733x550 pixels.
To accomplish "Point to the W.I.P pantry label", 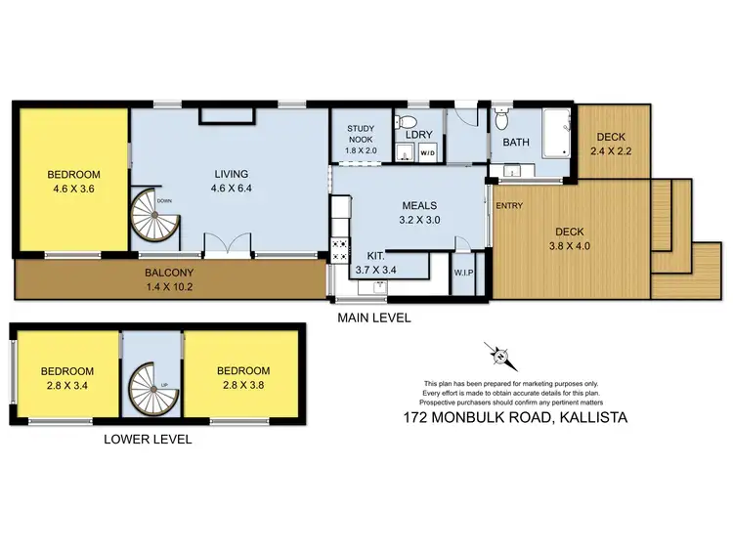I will pos(463,273).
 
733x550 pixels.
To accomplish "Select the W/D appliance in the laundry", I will pos(428,153).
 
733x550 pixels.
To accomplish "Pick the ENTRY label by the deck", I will pos(508,206).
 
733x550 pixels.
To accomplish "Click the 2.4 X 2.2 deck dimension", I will pos(610,151).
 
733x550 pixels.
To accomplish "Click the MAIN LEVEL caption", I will pos(373,317).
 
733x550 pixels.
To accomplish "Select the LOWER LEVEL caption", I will pos(148,440).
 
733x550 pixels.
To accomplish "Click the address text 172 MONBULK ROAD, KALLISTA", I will pos(515,417).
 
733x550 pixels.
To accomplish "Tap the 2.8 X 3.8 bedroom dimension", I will pos(243,385).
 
